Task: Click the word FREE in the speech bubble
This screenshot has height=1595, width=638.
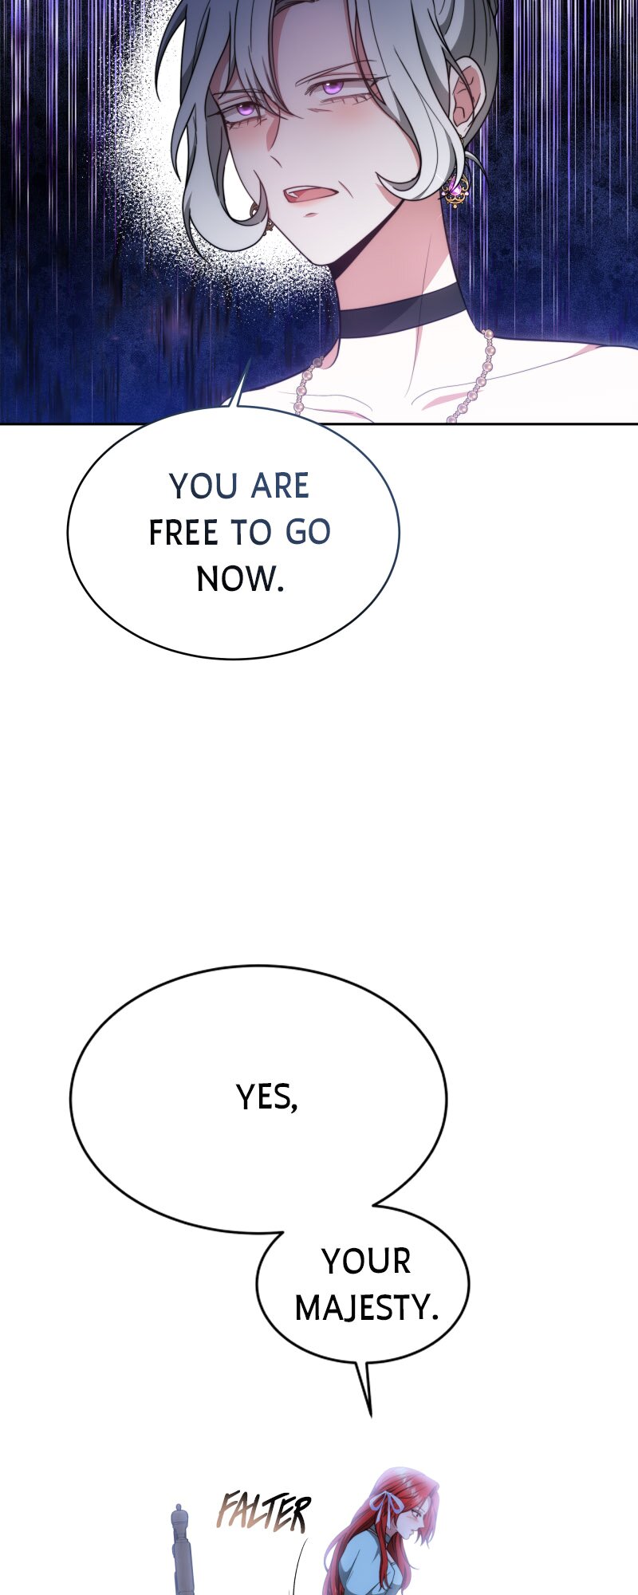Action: tap(183, 533)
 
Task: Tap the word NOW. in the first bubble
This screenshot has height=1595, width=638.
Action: tap(240, 579)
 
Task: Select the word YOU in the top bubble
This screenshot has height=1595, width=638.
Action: tap(194, 486)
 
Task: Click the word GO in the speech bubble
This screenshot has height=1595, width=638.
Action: tap(308, 533)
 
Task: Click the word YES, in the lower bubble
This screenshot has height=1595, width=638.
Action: tap(267, 1098)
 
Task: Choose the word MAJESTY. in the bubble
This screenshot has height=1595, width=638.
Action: tap(367, 1308)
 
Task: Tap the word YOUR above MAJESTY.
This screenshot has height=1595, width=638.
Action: tap(366, 1262)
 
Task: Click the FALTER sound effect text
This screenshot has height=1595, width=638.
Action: tap(263, 1513)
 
